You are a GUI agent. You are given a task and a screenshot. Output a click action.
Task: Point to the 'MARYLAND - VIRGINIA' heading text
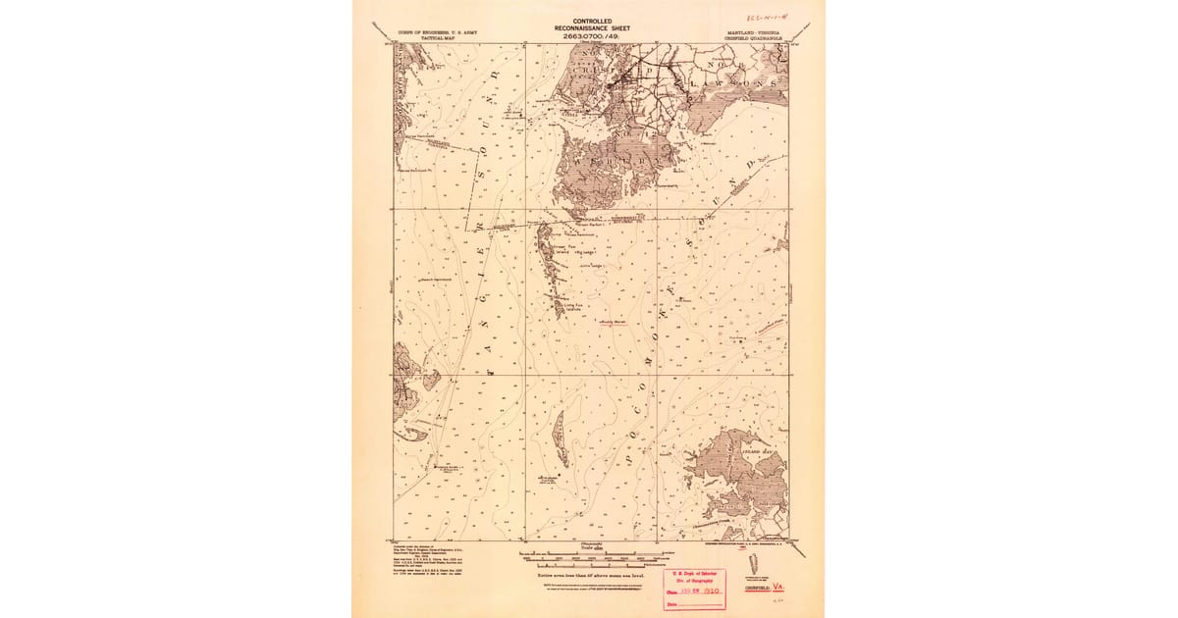point(754,32)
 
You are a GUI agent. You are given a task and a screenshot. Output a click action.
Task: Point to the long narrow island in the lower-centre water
point(559,438)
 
